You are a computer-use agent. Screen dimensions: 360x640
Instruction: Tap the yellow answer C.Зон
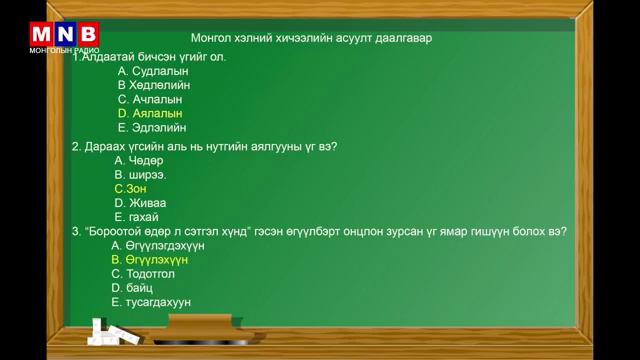pyautogui.click(x=130, y=188)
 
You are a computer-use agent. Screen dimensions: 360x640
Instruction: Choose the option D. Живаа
pyautogui.click(x=139, y=202)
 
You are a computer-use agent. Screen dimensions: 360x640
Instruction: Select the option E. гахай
pyautogui.click(x=137, y=216)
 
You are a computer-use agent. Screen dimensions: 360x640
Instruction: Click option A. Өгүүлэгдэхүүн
pyautogui.click(x=158, y=245)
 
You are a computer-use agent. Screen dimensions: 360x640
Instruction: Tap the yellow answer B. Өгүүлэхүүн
pyautogui.click(x=150, y=259)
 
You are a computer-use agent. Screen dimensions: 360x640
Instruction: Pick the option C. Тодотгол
pyautogui.click(x=144, y=273)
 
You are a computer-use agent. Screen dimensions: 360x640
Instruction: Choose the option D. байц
pyautogui.click(x=131, y=287)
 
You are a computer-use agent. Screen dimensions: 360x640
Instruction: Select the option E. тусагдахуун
pyautogui.click(x=151, y=302)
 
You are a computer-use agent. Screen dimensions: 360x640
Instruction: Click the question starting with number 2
pyautogui.click(x=204, y=146)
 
